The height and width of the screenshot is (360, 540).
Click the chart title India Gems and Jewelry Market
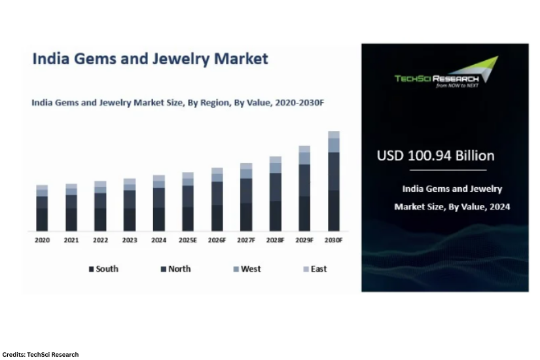pyautogui.click(x=151, y=59)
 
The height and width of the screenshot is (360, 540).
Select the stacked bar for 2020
pyautogui.click(x=42, y=208)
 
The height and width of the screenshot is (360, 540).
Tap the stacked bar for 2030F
pyautogui.click(x=334, y=181)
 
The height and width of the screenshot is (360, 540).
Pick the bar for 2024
pyautogui.click(x=159, y=203)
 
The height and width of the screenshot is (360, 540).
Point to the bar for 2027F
pyautogui.click(x=246, y=197)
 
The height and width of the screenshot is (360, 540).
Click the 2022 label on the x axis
pyautogui.click(x=100, y=240)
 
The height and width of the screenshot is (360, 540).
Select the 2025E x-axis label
pyautogui.click(x=188, y=240)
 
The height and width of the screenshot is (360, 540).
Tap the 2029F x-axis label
pyautogui.click(x=304, y=240)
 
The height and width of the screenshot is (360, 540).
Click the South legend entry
pyautogui.click(x=104, y=269)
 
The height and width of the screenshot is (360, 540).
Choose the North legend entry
pyautogui.click(x=176, y=269)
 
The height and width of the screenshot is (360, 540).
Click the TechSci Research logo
pyautogui.click(x=446, y=73)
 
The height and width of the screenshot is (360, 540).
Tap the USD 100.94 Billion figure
pyautogui.click(x=436, y=156)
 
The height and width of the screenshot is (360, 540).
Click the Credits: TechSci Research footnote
pyautogui.click(x=41, y=354)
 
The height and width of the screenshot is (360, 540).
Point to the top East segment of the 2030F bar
pyautogui.click(x=334, y=134)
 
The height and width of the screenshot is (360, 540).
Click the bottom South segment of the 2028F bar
pyautogui.click(x=276, y=216)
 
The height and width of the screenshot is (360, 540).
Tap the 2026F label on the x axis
pyautogui.click(x=217, y=240)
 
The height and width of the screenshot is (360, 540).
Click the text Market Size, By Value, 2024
pyautogui.click(x=452, y=207)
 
